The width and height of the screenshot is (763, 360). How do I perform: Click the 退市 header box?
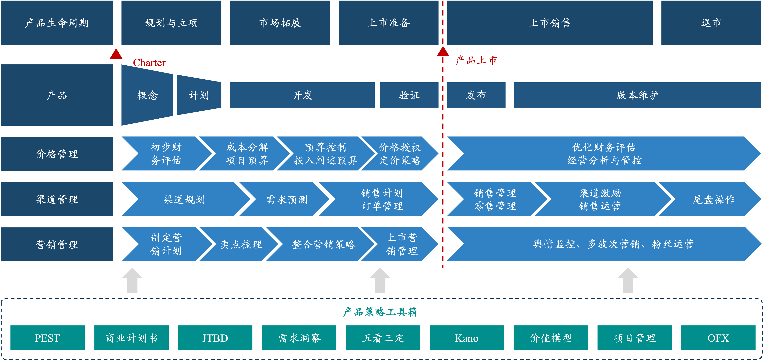711,23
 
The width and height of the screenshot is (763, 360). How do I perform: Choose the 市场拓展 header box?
280,23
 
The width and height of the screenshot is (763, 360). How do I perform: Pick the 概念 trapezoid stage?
147,95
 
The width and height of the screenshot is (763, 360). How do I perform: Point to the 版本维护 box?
637,95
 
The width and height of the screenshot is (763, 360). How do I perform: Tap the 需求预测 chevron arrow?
286,199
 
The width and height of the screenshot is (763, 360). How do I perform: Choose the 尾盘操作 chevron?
713,199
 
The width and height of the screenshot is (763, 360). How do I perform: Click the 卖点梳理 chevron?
241,244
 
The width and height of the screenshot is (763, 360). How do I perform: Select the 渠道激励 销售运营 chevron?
600,199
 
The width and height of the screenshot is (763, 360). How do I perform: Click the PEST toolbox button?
47,338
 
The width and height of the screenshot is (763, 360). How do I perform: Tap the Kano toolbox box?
467,338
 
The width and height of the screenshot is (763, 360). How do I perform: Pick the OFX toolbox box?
718,338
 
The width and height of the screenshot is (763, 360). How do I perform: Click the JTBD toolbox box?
215,338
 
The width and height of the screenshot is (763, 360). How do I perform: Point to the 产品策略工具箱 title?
380,312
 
